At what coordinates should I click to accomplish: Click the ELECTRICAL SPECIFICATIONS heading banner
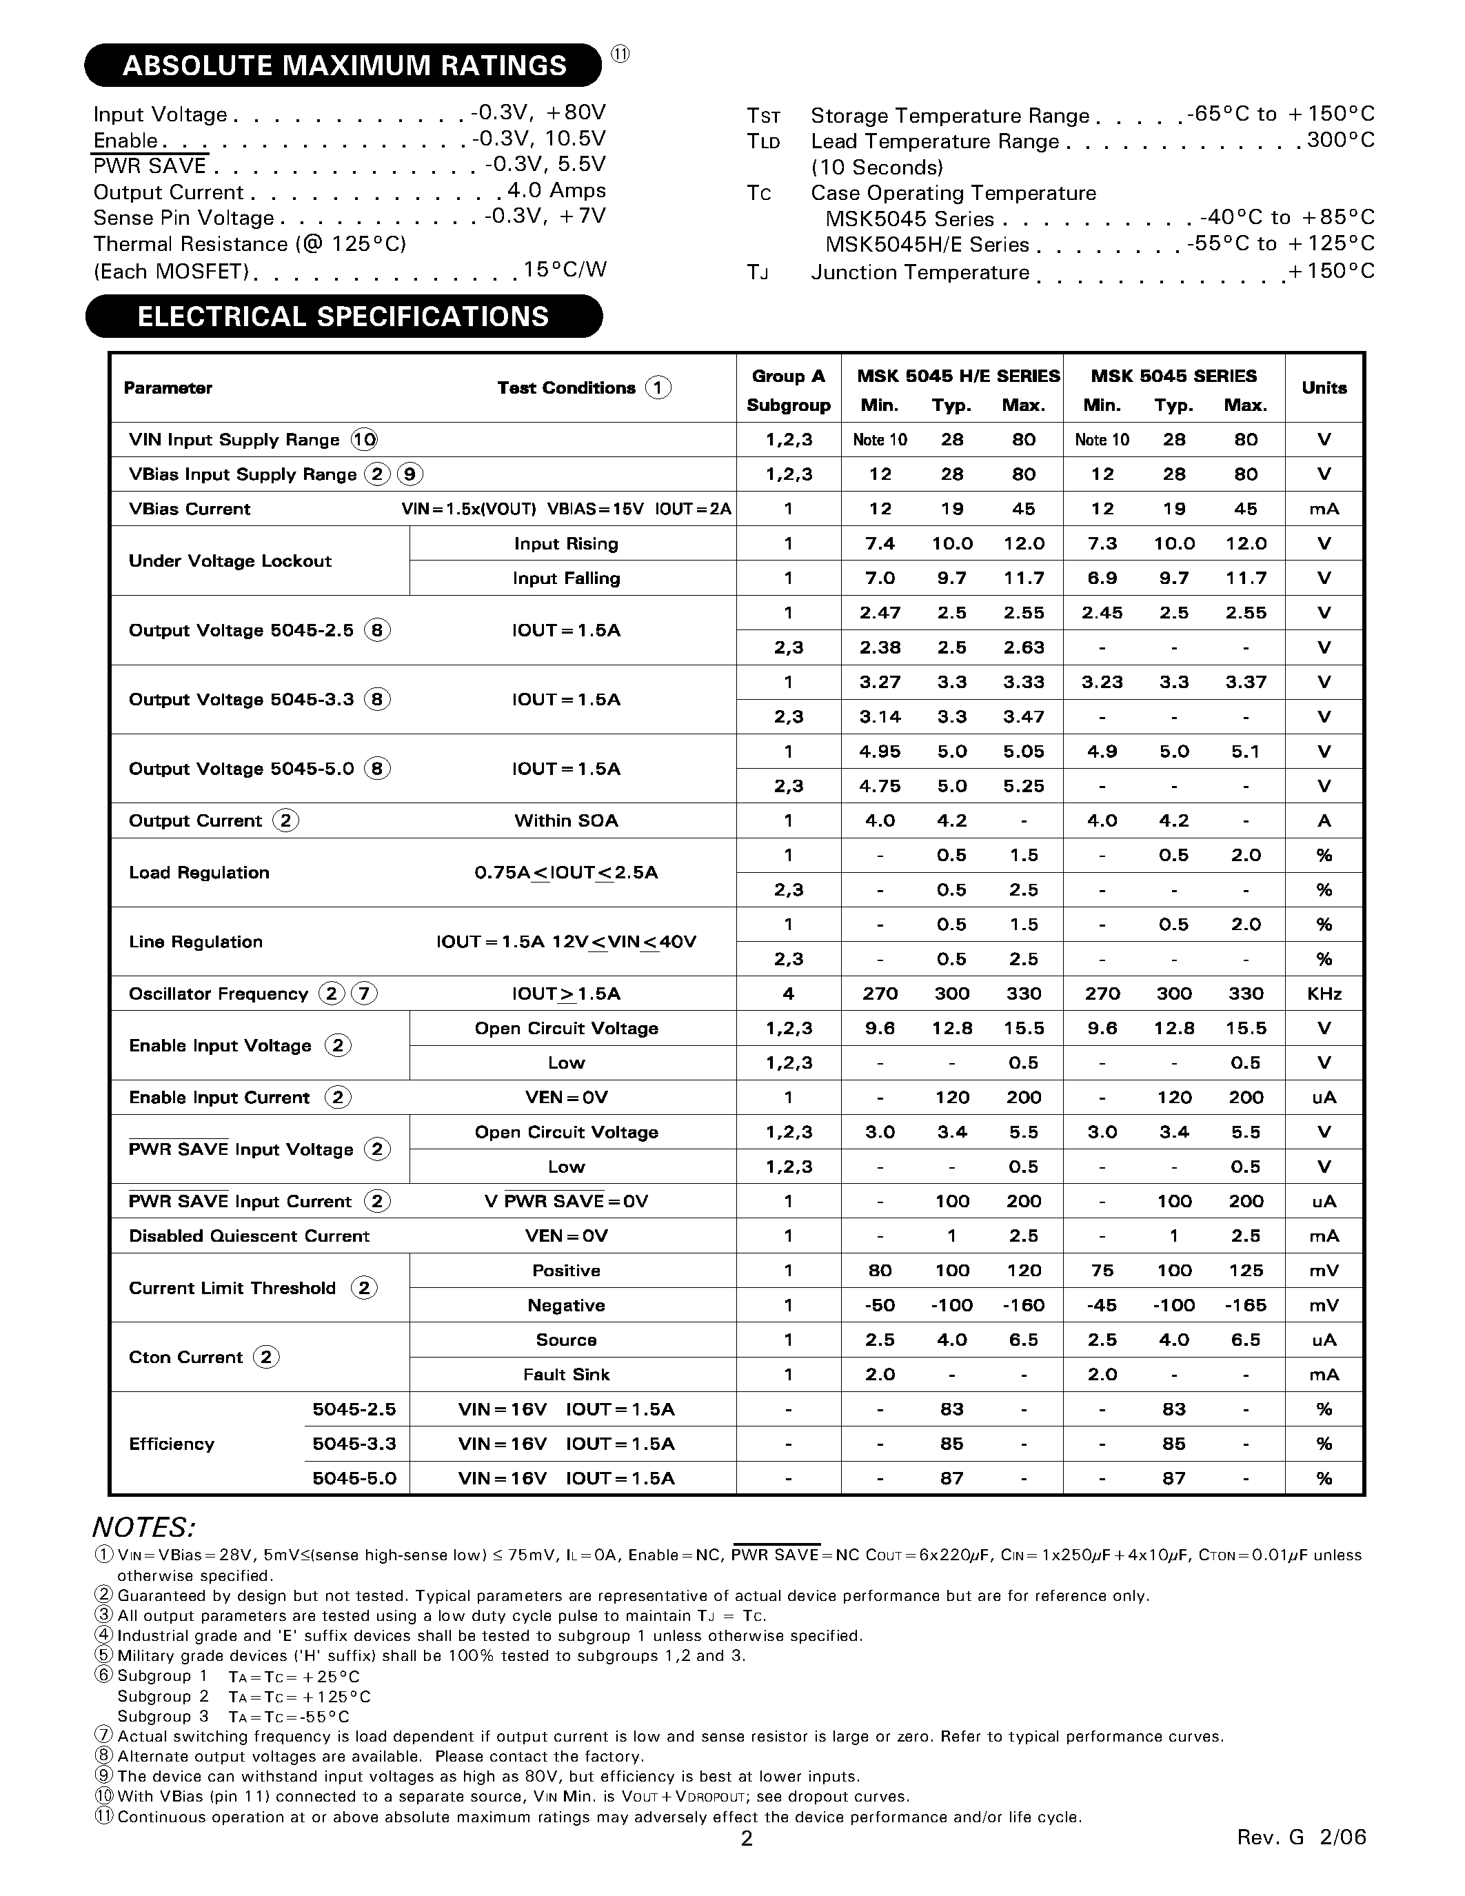point(344,316)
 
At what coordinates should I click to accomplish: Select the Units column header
point(1324,388)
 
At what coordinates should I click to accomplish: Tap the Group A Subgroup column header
point(788,390)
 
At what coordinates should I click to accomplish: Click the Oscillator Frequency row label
point(219,993)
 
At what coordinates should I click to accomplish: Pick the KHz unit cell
point(1324,993)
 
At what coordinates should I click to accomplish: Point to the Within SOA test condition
point(566,820)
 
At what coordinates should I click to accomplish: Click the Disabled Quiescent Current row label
point(249,1236)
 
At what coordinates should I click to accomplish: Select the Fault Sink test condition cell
point(566,1374)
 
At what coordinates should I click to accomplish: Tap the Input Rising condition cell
point(566,543)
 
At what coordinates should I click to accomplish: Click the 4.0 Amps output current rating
point(556,191)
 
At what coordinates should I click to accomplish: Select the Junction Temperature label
point(920,272)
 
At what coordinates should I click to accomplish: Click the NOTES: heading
point(144,1527)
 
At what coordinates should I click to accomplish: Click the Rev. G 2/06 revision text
point(1301,1837)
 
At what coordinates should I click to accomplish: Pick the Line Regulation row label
point(195,942)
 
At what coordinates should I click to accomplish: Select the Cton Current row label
point(185,1357)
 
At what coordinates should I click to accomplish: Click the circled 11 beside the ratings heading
point(620,54)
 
